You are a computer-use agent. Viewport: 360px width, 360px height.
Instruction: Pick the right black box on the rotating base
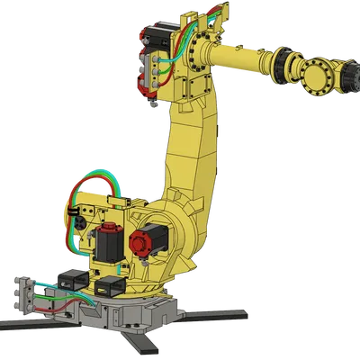(x=110, y=285)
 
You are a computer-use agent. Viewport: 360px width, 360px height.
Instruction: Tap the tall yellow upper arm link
(x=189, y=144)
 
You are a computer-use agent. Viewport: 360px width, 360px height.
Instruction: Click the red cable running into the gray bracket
(x=54, y=292)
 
